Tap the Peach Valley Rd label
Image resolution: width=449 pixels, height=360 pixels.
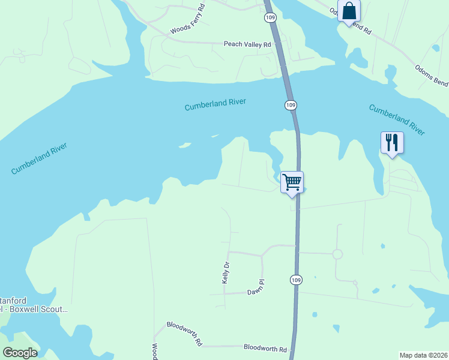click(x=247, y=44)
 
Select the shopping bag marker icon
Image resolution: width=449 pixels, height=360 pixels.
click(x=349, y=11)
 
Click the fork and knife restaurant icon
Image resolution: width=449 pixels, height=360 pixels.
click(x=391, y=142)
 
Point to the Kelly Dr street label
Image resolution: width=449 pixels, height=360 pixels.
click(x=226, y=272)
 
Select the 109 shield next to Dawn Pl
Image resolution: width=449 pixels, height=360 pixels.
click(x=295, y=280)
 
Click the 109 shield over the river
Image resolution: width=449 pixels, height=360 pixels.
click(x=290, y=105)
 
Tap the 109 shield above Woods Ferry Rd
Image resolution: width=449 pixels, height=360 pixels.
click(x=270, y=19)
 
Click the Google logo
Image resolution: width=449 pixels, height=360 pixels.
click(x=20, y=353)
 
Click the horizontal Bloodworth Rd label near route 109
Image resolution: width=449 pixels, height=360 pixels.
click(x=265, y=348)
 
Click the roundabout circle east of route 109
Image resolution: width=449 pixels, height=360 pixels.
click(x=337, y=254)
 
